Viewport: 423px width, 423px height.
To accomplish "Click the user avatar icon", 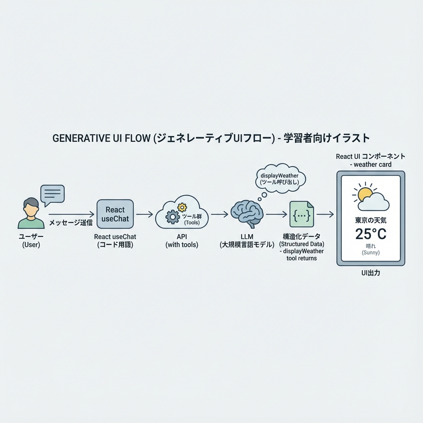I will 31,213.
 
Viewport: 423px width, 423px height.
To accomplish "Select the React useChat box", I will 115,214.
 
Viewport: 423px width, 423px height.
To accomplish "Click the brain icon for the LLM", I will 247,214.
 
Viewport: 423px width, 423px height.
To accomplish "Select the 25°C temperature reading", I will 371,234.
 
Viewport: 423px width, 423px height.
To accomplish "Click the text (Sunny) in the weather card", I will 371,252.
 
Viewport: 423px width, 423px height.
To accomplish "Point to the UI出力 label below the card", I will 371,273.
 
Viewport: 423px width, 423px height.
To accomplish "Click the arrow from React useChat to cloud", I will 145,214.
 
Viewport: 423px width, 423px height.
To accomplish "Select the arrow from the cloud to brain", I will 219,214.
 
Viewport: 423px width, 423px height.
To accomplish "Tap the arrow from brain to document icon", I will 276,214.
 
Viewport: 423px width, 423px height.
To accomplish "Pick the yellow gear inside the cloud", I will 182,207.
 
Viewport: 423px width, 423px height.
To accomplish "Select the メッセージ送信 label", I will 71,223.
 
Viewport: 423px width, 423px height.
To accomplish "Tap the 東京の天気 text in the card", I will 371,220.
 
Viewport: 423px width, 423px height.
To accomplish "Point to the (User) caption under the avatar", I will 31,245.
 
